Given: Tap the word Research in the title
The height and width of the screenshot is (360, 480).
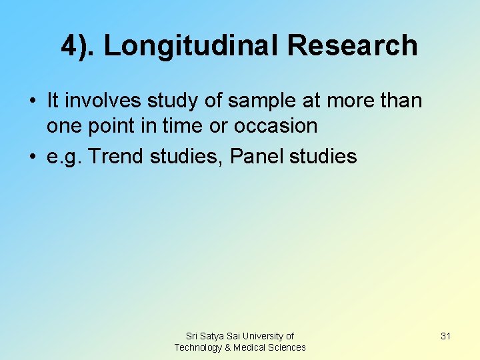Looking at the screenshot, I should click(353, 46).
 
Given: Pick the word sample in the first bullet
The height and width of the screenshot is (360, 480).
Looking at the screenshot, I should click(253, 101).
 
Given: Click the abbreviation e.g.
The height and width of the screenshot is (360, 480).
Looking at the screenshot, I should click(64, 157).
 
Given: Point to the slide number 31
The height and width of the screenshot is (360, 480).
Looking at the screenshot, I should click(445, 336).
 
